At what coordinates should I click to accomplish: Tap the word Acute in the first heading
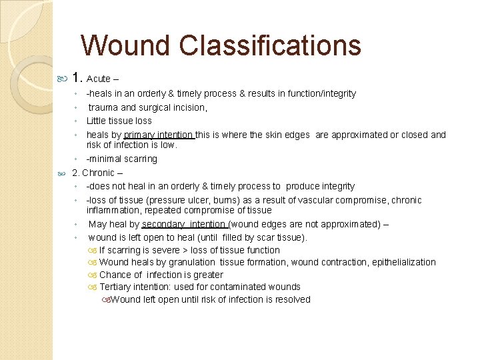coord(98,79)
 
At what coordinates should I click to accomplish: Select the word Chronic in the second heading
coord(98,173)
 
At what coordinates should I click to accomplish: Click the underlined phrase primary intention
coord(159,135)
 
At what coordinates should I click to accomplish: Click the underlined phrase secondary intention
coord(184,225)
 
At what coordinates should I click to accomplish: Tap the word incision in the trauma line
coord(189,107)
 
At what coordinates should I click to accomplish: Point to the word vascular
coord(323,200)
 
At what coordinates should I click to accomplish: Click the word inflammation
coord(114,210)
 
